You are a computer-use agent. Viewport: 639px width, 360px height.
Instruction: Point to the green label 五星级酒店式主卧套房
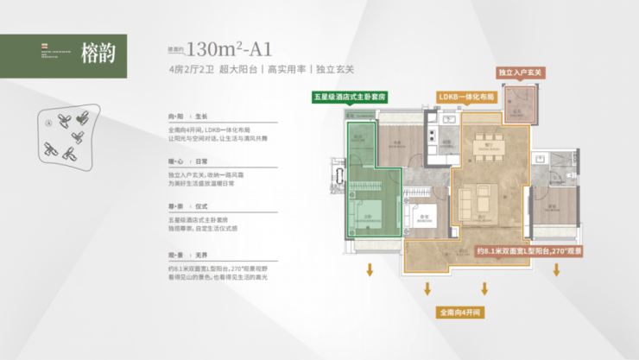tap(351, 98)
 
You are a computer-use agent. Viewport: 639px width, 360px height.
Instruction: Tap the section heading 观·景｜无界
tap(188, 255)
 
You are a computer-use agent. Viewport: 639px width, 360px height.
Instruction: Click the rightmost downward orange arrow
tap(556, 269)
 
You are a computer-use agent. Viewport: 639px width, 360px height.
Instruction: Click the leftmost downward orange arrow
tap(369, 269)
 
